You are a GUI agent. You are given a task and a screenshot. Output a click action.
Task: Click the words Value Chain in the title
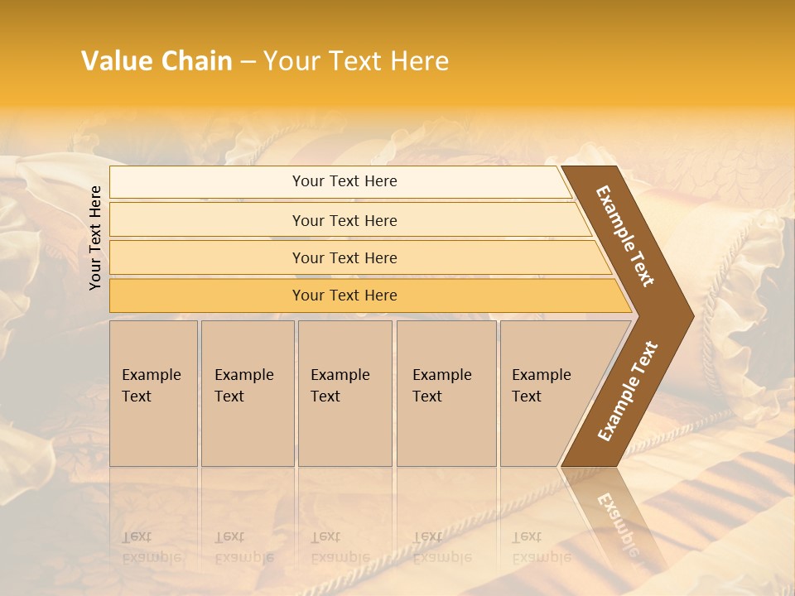(x=157, y=61)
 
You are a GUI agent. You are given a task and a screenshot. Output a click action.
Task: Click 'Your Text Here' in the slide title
(x=356, y=61)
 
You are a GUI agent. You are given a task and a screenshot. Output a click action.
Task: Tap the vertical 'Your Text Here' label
(x=96, y=238)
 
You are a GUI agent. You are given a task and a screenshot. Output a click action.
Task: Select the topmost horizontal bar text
(x=344, y=181)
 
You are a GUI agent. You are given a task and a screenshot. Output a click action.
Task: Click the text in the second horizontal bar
(x=344, y=220)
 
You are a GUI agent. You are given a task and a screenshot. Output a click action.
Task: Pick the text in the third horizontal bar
(x=344, y=257)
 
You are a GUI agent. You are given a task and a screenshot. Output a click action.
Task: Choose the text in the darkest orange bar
(x=344, y=295)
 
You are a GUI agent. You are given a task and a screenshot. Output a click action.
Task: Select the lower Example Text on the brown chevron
(x=629, y=391)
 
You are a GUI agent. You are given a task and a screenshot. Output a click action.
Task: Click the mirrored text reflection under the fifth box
(x=540, y=547)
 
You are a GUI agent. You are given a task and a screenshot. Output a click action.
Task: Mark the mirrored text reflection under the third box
(x=340, y=547)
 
